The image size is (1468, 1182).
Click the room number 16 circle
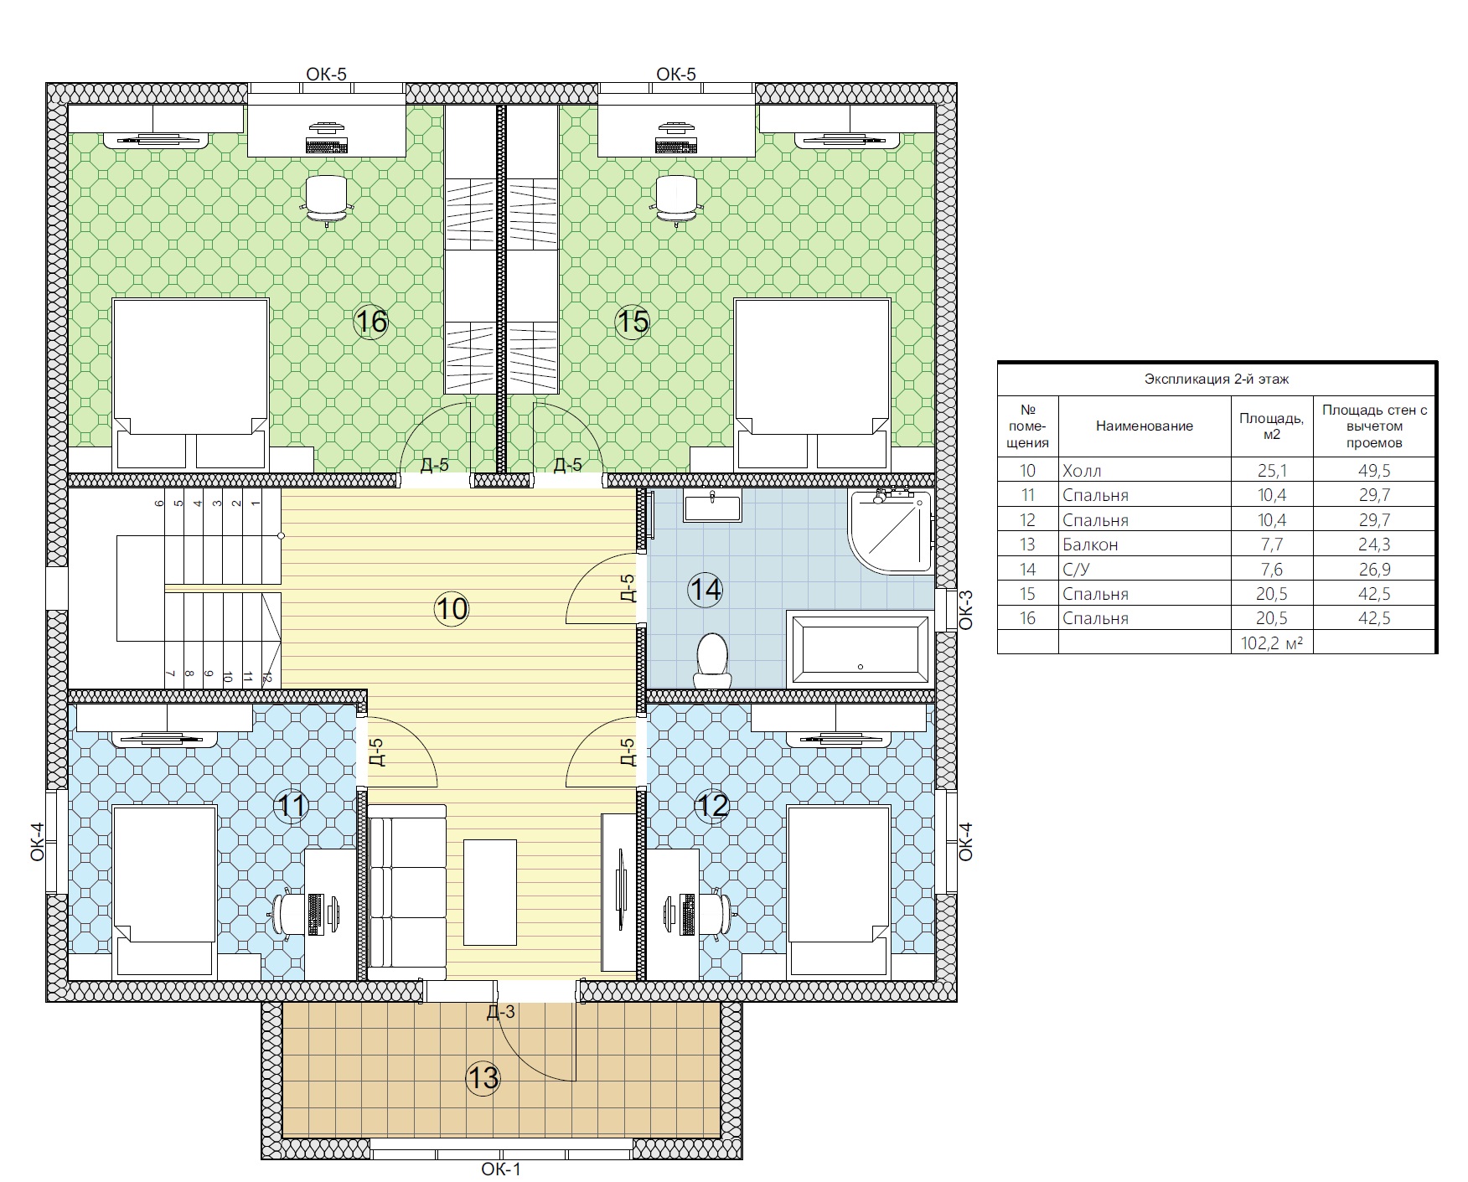click(371, 321)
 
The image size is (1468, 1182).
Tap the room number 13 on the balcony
click(483, 1078)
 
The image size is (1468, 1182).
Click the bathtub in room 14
click(860, 648)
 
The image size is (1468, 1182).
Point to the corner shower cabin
click(891, 531)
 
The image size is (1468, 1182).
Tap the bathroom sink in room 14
click(712, 505)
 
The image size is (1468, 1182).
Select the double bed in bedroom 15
click(812, 384)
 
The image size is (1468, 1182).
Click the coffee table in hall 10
click(490, 892)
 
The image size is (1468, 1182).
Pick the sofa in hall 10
click(407, 892)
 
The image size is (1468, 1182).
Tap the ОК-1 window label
click(501, 1169)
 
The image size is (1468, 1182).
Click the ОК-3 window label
click(965, 610)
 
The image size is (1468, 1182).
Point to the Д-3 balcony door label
click(500, 1012)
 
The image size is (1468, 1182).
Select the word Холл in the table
click(1082, 471)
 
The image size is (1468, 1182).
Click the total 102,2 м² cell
click(1271, 643)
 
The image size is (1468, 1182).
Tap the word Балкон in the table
click(1090, 545)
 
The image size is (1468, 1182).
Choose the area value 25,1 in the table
click(1271, 471)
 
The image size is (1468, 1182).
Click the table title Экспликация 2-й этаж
click(1217, 379)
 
